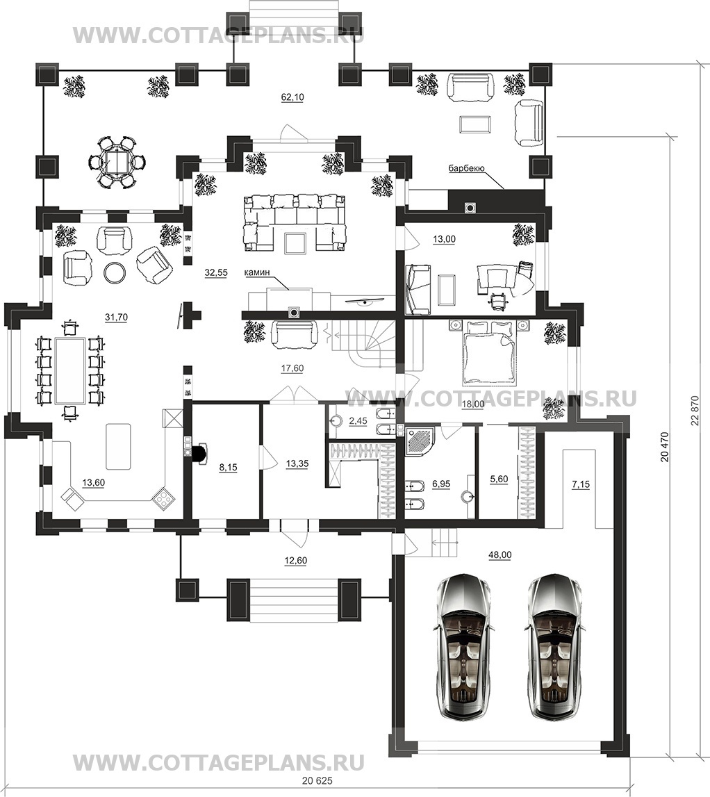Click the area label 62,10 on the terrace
pos(292,97)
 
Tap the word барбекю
pos(467,168)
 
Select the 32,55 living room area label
pos(216,272)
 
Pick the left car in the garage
pos(463,648)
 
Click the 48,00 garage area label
pos(500,555)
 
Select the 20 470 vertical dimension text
pos(665,446)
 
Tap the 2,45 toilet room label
pos(358,421)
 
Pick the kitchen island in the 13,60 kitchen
pos(118,446)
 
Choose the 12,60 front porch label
pos(295,561)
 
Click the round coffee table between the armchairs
pos(115,272)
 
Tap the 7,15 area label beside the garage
pos(581,484)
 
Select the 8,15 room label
pos(228,467)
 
